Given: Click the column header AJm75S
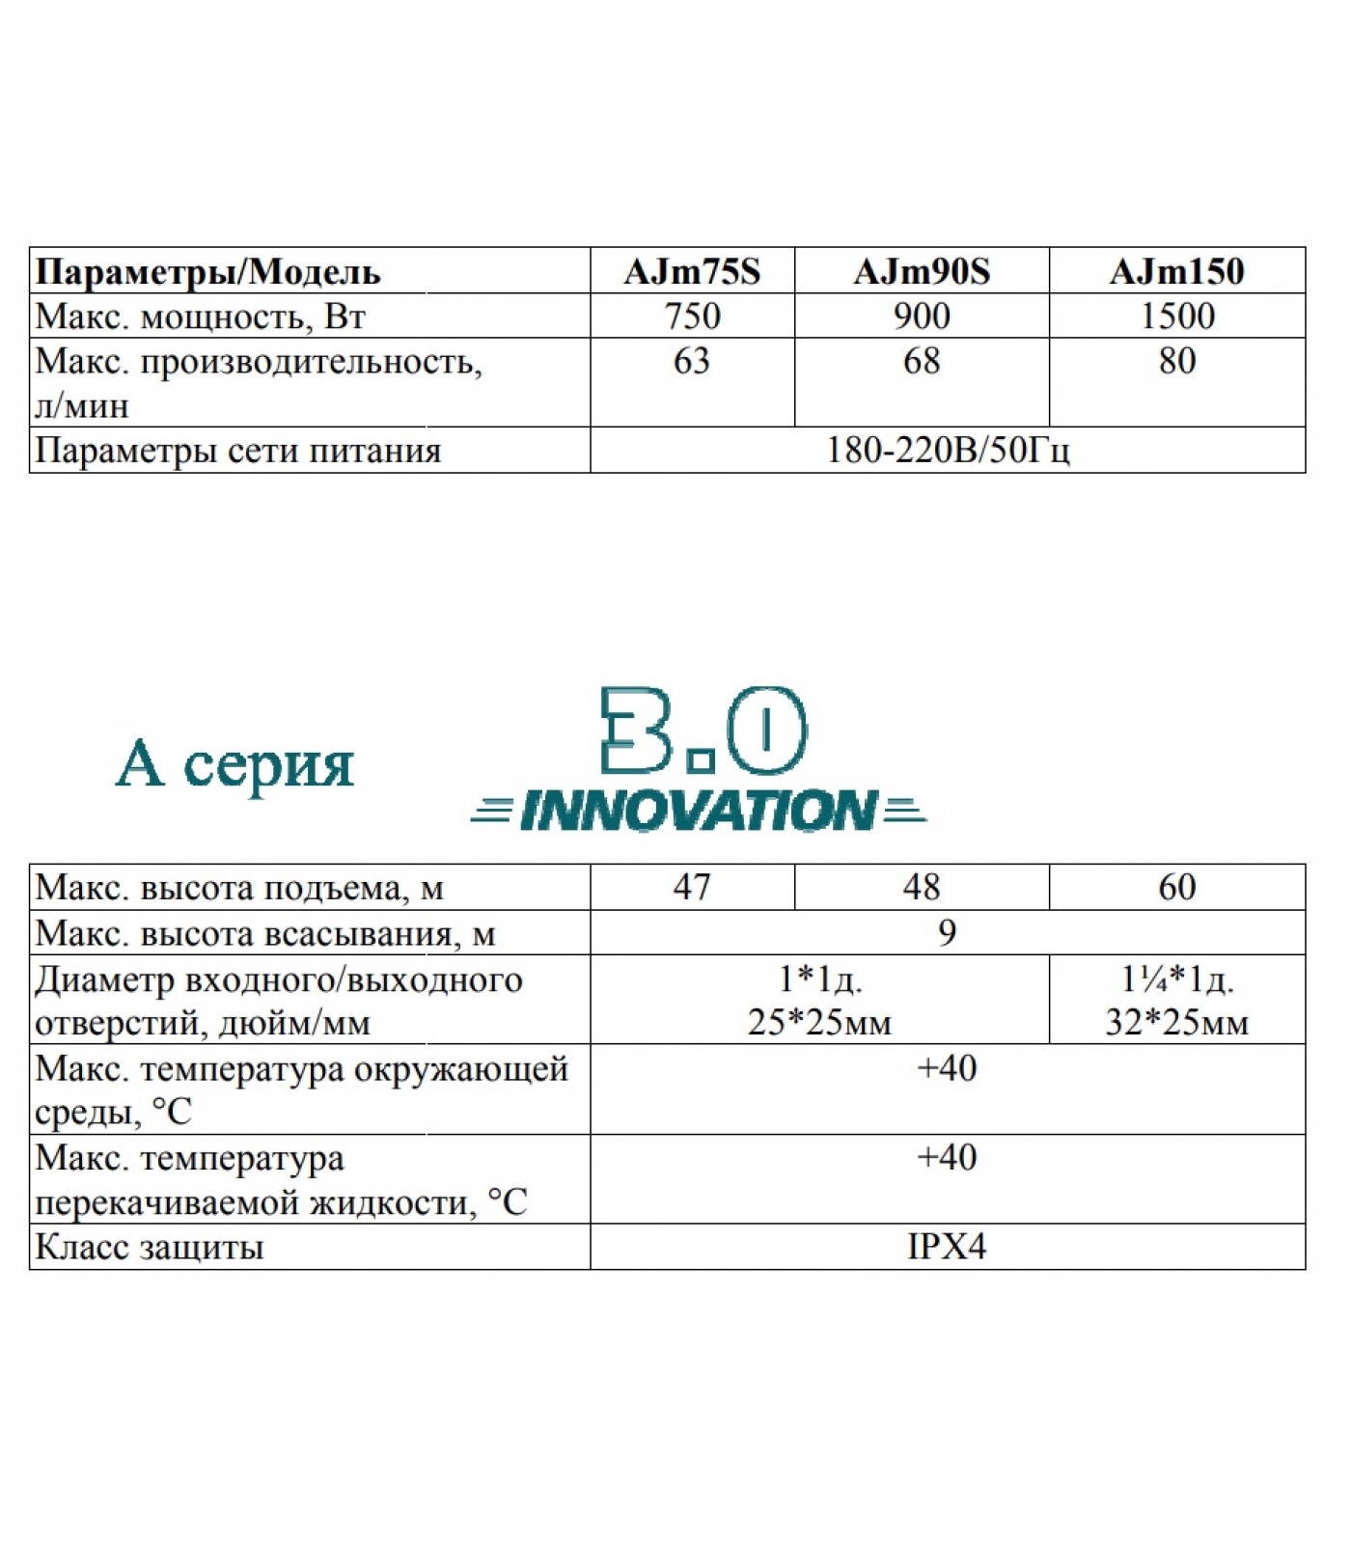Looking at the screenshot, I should pyautogui.click(x=692, y=271).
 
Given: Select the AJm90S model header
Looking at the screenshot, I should pyautogui.click(x=922, y=271).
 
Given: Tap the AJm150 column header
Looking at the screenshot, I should pyautogui.click(x=1176, y=271).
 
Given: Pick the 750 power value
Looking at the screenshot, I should pyautogui.click(x=692, y=316).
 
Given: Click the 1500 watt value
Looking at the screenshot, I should pyautogui.click(x=1176, y=316).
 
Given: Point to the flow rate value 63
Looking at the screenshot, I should pyautogui.click(x=692, y=361).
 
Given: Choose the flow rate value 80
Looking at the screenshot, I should pyautogui.click(x=1176, y=361).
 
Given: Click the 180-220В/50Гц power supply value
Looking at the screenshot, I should pyautogui.click(x=947, y=451).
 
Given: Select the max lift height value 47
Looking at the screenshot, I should pyautogui.click(x=692, y=887).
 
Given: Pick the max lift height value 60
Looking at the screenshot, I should pyautogui.click(x=1176, y=887).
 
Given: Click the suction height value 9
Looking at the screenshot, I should pyautogui.click(x=947, y=932).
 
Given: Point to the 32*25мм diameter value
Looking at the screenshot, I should pyautogui.click(x=1176, y=1022).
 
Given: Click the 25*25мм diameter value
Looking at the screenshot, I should pyautogui.click(x=819, y=1022).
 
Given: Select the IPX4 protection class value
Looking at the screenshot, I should pyautogui.click(x=947, y=1247).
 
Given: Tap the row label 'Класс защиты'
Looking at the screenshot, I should pyautogui.click(x=150, y=1247).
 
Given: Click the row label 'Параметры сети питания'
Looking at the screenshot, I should pyautogui.click(x=238, y=451).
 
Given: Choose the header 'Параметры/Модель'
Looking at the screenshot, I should pyautogui.click(x=207, y=272).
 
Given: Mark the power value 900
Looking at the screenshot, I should pyautogui.click(x=922, y=316).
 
